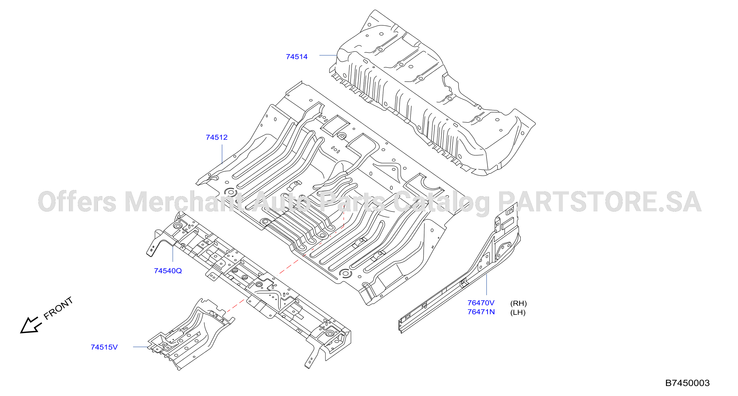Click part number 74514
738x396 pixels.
coord(296,57)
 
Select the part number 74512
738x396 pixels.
coord(216,137)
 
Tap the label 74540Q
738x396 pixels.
coord(168,271)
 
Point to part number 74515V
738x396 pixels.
coord(104,347)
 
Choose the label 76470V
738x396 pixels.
coord(481,303)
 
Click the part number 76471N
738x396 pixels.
coord(481,312)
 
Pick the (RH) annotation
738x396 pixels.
coord(518,303)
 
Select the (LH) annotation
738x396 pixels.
coord(518,312)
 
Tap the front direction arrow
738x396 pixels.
coord(31,326)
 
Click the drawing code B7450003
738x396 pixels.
coord(687,383)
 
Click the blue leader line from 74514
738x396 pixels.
coord(328,55)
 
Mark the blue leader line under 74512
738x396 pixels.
coord(222,154)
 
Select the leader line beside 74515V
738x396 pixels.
coord(141,347)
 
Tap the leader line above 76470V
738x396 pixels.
coord(487,284)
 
